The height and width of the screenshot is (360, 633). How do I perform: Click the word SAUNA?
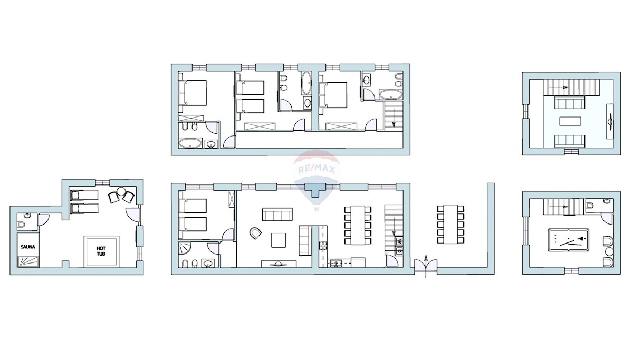[x=28, y=247]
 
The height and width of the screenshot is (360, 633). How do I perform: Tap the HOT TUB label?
[x=101, y=251]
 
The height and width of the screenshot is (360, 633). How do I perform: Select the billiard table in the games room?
[x=568, y=240]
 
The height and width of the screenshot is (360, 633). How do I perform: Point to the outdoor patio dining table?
[x=450, y=224]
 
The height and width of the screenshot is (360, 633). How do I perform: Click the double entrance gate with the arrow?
[x=426, y=266]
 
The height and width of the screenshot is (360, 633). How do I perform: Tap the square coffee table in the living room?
[x=279, y=240]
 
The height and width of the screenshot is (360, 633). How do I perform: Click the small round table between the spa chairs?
[x=121, y=191]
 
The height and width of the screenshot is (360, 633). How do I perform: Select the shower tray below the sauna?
[x=28, y=262]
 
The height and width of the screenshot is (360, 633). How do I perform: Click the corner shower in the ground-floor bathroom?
[x=185, y=247]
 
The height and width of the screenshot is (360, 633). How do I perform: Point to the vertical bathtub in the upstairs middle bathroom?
[x=306, y=83]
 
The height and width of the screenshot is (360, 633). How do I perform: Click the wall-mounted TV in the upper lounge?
[x=610, y=121]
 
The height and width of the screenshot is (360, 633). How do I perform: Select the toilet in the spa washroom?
[x=21, y=225]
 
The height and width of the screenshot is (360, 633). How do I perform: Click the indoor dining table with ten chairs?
[x=358, y=225]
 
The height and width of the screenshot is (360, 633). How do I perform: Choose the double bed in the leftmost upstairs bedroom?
[x=193, y=93]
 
